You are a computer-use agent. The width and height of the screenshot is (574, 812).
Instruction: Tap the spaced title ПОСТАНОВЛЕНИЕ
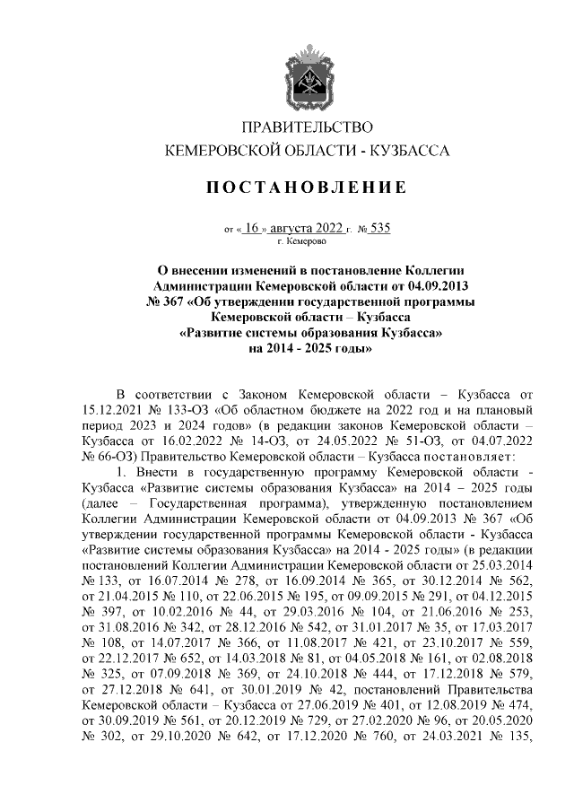click(306, 188)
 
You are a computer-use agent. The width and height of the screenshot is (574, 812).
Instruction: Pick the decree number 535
click(379, 228)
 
